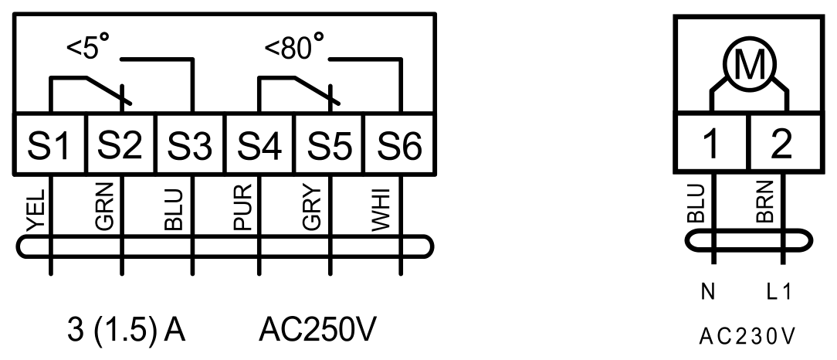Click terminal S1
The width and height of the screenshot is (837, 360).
(49, 144)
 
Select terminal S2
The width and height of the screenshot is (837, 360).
(120, 144)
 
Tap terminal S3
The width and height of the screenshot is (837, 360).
(191, 144)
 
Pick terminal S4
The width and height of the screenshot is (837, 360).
(260, 144)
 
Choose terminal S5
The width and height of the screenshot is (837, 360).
(330, 144)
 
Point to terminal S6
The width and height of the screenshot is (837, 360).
(400, 144)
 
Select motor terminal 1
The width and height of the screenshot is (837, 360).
(712, 143)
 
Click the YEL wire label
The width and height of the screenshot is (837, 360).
(36, 210)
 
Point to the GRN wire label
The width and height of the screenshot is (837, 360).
(105, 207)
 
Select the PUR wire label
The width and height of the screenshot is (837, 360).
(242, 208)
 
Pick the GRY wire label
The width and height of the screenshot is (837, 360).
(312, 208)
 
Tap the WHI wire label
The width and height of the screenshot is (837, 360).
(381, 210)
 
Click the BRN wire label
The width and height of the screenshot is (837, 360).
(765, 202)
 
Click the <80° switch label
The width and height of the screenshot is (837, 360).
(294, 46)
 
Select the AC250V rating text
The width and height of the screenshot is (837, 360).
(317, 330)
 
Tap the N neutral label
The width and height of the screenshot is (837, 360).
(708, 292)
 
